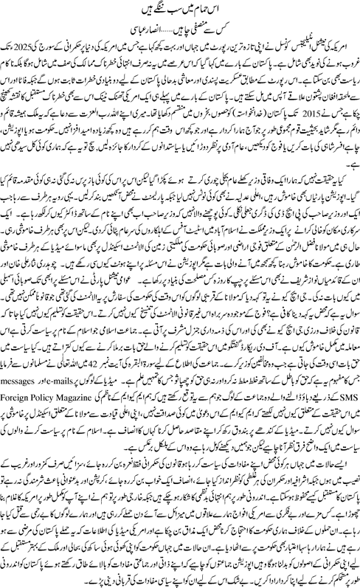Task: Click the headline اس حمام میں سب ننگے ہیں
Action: pos(179,13)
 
